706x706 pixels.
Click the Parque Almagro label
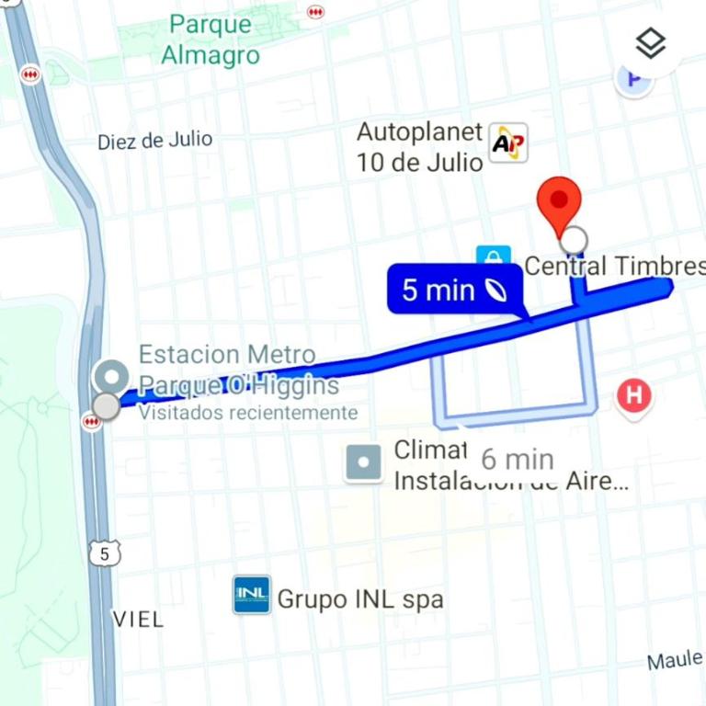(211, 40)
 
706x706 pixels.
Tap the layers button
(650, 43)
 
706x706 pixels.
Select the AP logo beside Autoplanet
(508, 143)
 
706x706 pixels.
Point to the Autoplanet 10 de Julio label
(419, 147)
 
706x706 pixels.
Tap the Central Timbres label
(614, 267)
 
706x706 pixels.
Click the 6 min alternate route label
(518, 458)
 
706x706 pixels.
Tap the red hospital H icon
(633, 397)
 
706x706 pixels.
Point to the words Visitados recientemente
(247, 413)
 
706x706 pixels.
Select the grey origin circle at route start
(107, 405)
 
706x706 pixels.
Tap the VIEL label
(138, 619)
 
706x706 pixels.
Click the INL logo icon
(251, 596)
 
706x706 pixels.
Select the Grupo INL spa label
(360, 599)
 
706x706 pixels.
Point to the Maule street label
(675, 660)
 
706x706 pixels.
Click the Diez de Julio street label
(155, 141)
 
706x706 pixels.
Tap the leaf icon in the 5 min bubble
(495, 290)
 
